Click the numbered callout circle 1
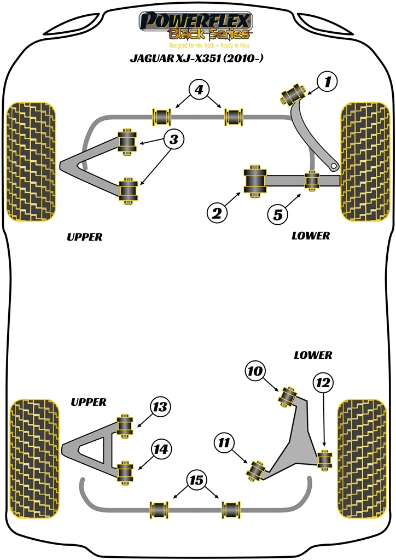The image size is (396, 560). [x=327, y=83]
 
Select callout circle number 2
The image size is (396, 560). [x=217, y=213]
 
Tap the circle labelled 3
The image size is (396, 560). [x=173, y=140]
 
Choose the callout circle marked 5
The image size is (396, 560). [x=278, y=214]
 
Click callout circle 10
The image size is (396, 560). [x=255, y=372]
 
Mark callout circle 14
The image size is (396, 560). [x=160, y=450]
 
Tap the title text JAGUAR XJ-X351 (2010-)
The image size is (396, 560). [x=197, y=59]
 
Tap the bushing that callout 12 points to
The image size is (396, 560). [x=325, y=458]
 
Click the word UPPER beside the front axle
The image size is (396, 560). [x=84, y=237]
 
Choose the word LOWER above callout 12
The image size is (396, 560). [x=312, y=355]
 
